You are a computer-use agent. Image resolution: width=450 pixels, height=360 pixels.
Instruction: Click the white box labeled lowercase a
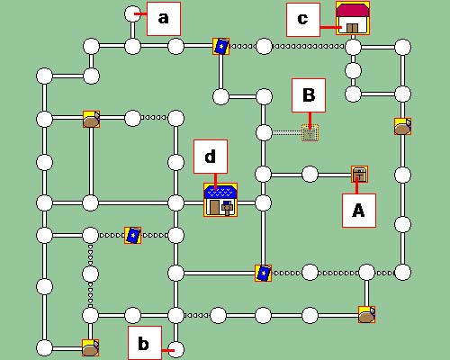(164, 19)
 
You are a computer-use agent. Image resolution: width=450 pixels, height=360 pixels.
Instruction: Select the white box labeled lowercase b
(145, 343)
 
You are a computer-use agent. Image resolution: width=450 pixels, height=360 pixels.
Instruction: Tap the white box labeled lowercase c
(303, 20)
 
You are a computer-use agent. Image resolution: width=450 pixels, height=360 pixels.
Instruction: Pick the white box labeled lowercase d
(211, 157)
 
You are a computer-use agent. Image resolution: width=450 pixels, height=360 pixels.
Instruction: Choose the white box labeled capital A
(359, 211)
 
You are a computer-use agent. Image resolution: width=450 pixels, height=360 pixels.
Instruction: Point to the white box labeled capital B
(309, 95)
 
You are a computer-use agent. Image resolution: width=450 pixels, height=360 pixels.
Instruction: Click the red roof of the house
(353, 10)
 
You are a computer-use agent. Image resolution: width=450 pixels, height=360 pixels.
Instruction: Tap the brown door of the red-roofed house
(353, 28)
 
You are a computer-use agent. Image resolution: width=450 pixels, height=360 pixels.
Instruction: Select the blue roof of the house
(220, 192)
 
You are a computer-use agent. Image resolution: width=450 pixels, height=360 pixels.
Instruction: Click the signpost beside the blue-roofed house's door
(227, 208)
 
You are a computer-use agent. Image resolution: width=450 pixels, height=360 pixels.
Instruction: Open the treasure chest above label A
(360, 175)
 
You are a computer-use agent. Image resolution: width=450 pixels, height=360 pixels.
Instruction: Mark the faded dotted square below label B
(310, 133)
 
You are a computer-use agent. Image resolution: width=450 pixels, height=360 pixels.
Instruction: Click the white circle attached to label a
(132, 14)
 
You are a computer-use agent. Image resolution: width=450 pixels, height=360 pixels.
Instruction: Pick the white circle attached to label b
(175, 350)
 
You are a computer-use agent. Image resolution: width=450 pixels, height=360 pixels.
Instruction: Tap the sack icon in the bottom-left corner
(91, 348)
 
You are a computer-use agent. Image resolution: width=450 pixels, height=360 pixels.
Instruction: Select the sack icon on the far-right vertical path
(403, 126)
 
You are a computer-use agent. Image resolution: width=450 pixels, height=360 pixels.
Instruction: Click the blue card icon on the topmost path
(221, 47)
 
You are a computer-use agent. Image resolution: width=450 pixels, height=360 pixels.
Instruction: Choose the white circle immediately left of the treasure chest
(310, 175)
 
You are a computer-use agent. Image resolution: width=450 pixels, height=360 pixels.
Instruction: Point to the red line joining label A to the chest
(357, 185)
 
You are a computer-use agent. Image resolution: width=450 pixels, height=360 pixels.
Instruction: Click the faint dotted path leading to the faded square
(287, 132)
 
